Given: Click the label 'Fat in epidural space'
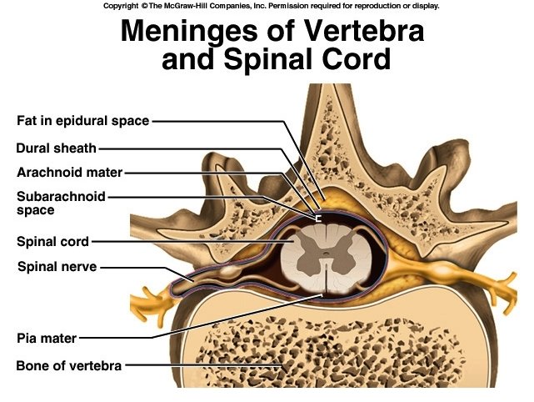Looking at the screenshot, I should [83, 121].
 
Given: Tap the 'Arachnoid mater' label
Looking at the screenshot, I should [70, 173].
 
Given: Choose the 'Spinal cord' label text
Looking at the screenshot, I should [52, 243].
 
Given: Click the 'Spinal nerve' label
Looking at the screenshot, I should [57, 267].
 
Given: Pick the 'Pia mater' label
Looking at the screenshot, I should [47, 339].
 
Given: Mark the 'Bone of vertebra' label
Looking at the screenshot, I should [69, 365].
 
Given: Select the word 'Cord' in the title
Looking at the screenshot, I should [353, 60].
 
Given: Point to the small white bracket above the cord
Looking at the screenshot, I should [317, 219].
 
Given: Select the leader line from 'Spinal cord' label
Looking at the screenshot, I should [183, 243].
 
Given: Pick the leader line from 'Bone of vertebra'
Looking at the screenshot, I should [200, 365].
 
